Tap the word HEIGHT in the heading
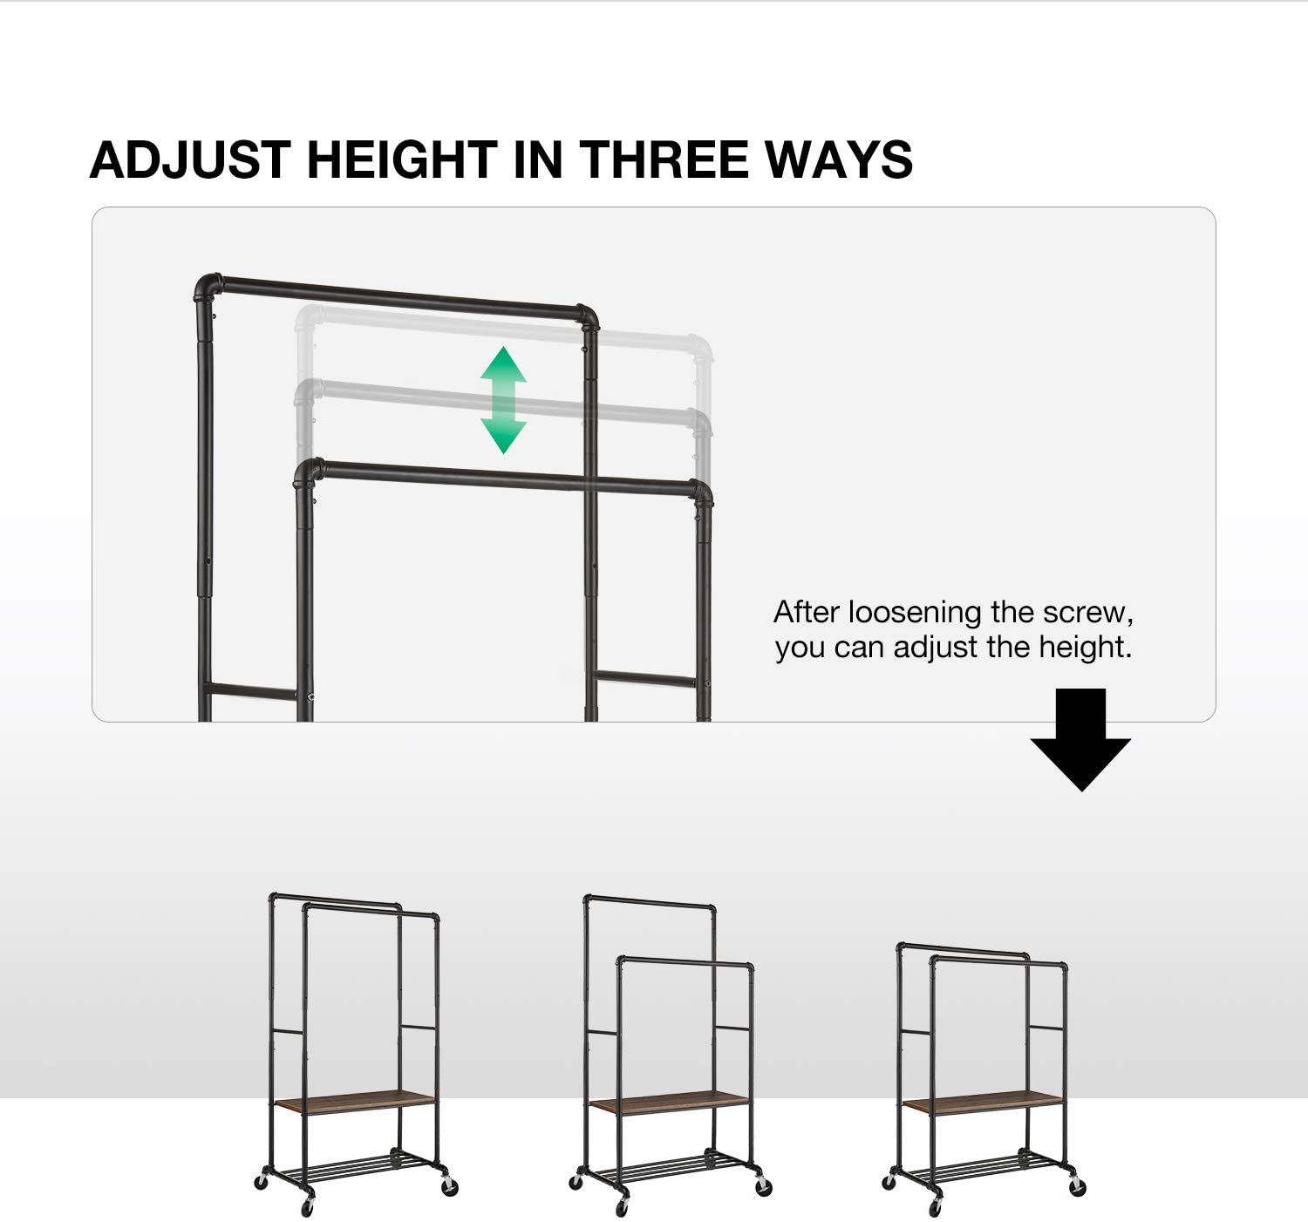pyautogui.click(x=401, y=160)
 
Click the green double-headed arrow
pyautogui.click(x=503, y=400)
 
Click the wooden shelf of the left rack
pyautogui.click(x=355, y=1100)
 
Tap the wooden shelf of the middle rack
pyautogui.click(x=670, y=1101)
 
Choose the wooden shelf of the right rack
pyautogui.click(x=984, y=1101)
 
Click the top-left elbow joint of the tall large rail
pyautogui.click(x=208, y=287)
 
